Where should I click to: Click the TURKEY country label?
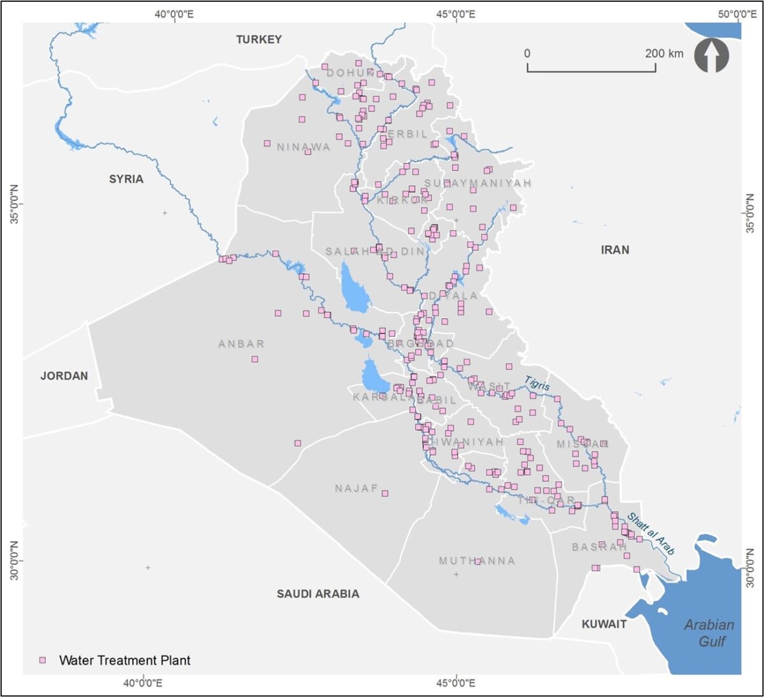[258, 39]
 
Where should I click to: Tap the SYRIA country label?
[126, 179]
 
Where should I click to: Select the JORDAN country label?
[64, 376]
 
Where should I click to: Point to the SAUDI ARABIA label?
[318, 593]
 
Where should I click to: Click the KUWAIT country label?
[604, 624]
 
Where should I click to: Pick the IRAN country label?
[614, 250]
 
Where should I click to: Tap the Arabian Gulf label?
[709, 633]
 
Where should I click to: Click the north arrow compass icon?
[711, 55]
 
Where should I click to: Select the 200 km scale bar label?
[664, 53]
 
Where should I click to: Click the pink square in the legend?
[43, 660]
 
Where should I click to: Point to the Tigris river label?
[537, 383]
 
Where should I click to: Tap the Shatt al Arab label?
[650, 533]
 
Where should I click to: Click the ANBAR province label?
[241, 344]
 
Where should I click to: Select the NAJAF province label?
[357, 488]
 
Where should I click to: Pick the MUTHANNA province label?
[477, 561]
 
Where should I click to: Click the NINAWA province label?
[303, 147]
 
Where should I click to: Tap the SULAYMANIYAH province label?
[478, 183]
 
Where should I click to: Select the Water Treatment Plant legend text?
[125, 660]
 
